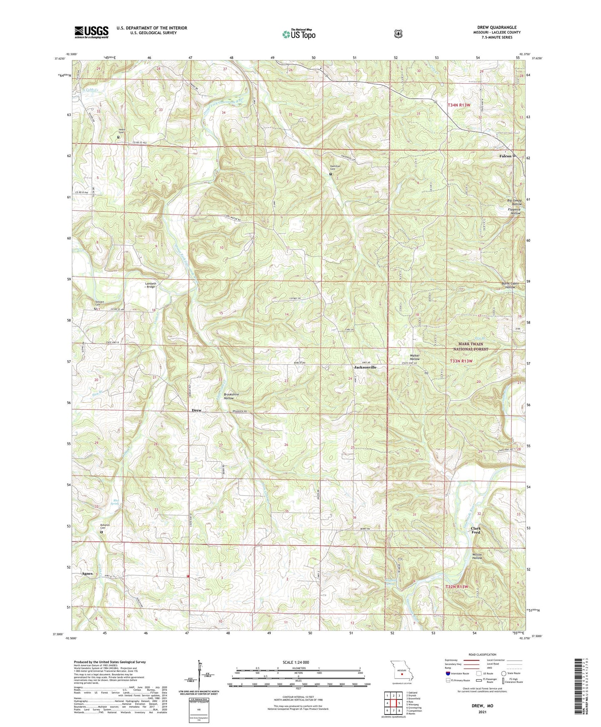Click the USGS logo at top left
coord(92,32)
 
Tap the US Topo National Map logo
coord(299,34)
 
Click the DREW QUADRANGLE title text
coord(497,27)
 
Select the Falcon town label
coord(505,156)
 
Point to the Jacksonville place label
coord(365,368)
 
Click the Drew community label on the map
coord(196,410)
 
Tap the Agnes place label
coord(87,573)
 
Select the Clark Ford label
coord(476,530)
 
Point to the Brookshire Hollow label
coord(231,396)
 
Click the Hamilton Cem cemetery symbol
coord(331,174)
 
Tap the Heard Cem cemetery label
coord(121,131)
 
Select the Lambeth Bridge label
coord(150,285)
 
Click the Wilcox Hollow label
coord(477,556)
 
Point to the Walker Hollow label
coord(415,357)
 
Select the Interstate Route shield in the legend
coord(448,673)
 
